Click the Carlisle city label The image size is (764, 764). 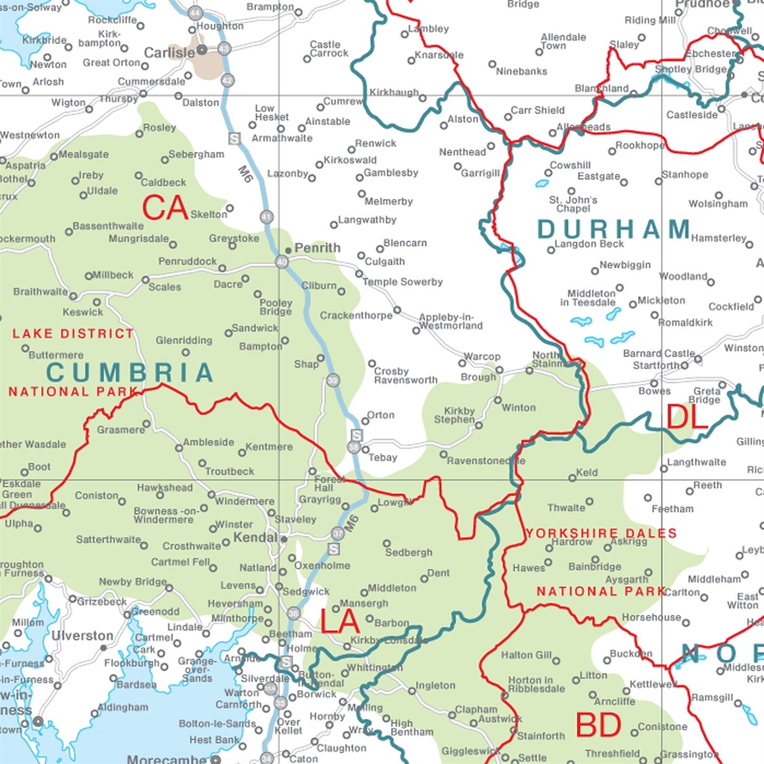point(169,53)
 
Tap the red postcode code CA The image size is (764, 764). point(165,208)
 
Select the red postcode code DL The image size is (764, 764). point(688,418)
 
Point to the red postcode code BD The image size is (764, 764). point(598,725)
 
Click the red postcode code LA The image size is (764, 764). point(341,621)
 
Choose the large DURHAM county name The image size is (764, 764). point(614,229)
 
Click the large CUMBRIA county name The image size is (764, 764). point(130,373)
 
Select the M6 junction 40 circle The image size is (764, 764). point(281,262)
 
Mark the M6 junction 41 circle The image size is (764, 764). point(266,217)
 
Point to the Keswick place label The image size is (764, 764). point(83,313)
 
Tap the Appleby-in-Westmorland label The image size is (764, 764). point(451,322)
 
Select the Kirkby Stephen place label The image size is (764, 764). point(455,415)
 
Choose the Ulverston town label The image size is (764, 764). point(82,636)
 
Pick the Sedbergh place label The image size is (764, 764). point(409,553)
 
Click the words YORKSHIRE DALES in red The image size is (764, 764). point(601,533)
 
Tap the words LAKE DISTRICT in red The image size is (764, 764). point(73,334)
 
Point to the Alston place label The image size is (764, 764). point(462,119)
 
